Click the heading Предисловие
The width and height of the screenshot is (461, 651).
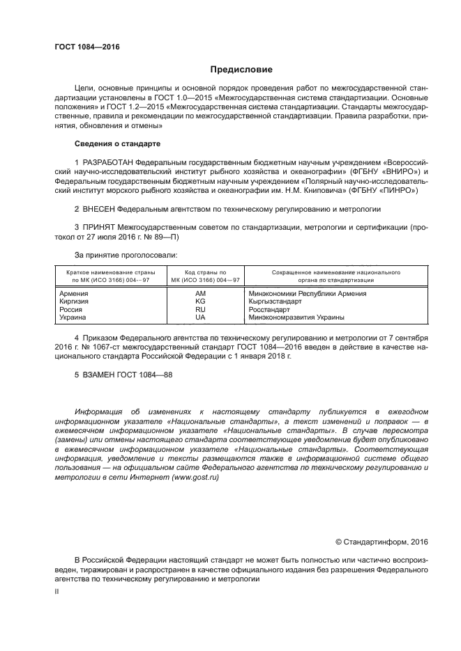click(241, 70)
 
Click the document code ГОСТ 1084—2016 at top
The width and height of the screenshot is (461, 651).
click(87, 47)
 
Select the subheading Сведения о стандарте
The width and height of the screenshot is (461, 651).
click(117, 143)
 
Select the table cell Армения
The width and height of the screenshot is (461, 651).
click(75, 294)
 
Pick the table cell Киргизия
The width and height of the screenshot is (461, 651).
click(76, 301)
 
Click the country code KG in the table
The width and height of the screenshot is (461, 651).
click(200, 301)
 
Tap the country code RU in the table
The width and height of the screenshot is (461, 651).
click(200, 309)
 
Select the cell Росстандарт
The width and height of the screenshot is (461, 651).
click(269, 309)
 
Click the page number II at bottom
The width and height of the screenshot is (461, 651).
click(57, 590)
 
